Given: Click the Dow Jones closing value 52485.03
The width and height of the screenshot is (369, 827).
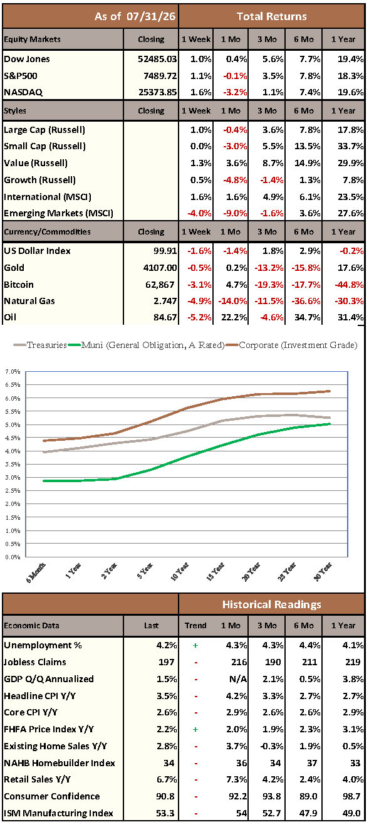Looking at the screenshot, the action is click(x=157, y=59).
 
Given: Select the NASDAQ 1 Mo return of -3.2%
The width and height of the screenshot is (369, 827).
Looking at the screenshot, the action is click(x=235, y=92).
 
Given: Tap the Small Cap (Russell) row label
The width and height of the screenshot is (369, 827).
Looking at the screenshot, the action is click(x=44, y=147).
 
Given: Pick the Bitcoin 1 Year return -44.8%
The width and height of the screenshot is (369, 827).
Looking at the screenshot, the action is click(x=349, y=285).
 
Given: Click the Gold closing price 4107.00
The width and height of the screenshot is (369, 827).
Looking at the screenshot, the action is click(x=160, y=268).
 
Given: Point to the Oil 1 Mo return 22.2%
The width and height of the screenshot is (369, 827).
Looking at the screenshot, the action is click(x=234, y=317).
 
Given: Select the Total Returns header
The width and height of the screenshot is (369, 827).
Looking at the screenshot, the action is click(x=272, y=16).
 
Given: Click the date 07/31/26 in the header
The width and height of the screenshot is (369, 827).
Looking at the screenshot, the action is click(x=151, y=16).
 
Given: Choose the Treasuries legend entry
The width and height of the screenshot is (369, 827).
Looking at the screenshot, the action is click(x=40, y=345).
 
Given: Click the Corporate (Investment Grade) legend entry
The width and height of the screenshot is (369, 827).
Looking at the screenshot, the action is click(x=291, y=345).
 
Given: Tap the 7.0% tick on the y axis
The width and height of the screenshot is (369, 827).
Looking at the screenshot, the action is click(x=13, y=371).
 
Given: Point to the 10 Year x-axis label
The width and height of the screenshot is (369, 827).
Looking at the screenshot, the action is click(x=180, y=572).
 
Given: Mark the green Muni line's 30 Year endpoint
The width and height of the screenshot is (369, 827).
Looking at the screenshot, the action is click(x=329, y=424).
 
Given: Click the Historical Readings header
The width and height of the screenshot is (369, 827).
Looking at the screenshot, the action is click(x=272, y=604).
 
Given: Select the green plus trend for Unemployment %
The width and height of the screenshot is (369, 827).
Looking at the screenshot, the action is click(x=195, y=645).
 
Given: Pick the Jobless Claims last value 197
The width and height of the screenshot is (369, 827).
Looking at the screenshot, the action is click(x=167, y=662).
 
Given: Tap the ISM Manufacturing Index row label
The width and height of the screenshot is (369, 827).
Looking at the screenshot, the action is click(x=58, y=813).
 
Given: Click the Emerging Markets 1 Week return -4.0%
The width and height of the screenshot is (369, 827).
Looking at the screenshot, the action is click(x=200, y=213).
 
